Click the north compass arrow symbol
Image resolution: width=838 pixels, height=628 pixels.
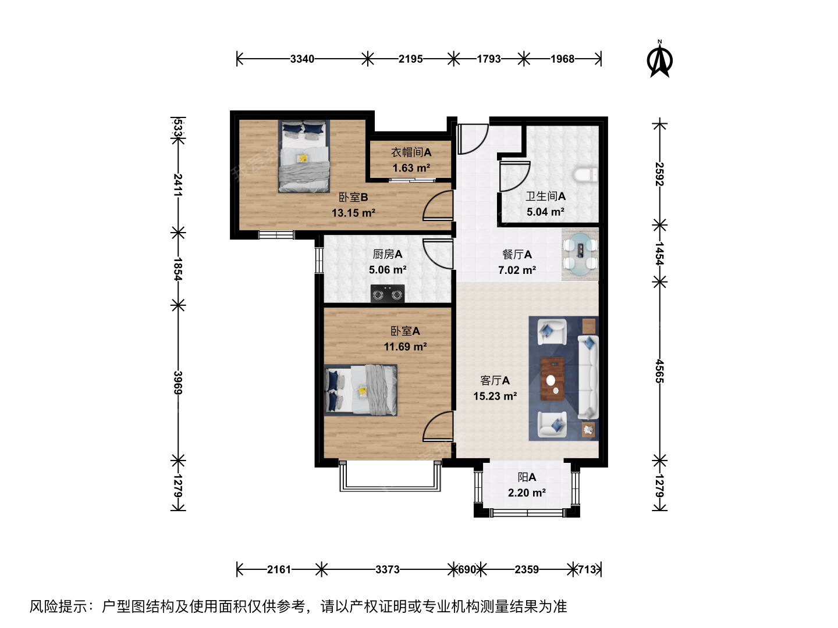click(x=660, y=60)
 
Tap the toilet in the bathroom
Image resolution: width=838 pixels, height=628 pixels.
click(x=585, y=175)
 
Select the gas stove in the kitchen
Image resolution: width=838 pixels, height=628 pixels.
click(x=388, y=294)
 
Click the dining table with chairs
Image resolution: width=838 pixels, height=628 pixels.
click(x=580, y=254)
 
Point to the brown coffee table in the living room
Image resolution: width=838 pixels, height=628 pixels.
click(x=552, y=379)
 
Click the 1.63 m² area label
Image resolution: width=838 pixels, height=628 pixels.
click(x=411, y=168)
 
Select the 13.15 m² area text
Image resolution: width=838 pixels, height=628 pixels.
click(x=353, y=213)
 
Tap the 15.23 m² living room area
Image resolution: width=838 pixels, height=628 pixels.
click(x=495, y=396)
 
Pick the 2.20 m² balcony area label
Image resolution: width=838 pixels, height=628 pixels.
click(x=527, y=493)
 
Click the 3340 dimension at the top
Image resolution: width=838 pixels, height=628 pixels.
click(x=302, y=59)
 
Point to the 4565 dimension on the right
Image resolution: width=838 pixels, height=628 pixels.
click(x=660, y=372)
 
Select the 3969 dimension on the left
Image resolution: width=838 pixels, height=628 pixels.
click(x=178, y=383)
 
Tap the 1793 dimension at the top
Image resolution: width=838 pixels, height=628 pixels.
click(x=489, y=59)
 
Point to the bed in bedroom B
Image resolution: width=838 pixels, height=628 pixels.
click(x=304, y=156)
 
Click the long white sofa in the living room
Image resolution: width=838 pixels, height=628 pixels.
click(x=588, y=377)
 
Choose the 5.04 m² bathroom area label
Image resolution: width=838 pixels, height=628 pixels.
click(x=545, y=212)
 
